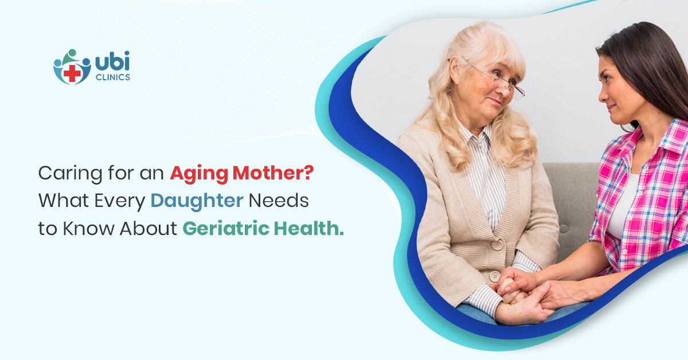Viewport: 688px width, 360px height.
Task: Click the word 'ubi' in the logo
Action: pyautogui.click(x=112, y=61)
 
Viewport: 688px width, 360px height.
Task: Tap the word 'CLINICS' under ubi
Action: pyautogui.click(x=114, y=76)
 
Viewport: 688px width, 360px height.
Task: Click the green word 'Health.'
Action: pyautogui.click(x=307, y=228)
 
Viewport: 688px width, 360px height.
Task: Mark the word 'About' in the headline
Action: pyautogui.click(x=148, y=228)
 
